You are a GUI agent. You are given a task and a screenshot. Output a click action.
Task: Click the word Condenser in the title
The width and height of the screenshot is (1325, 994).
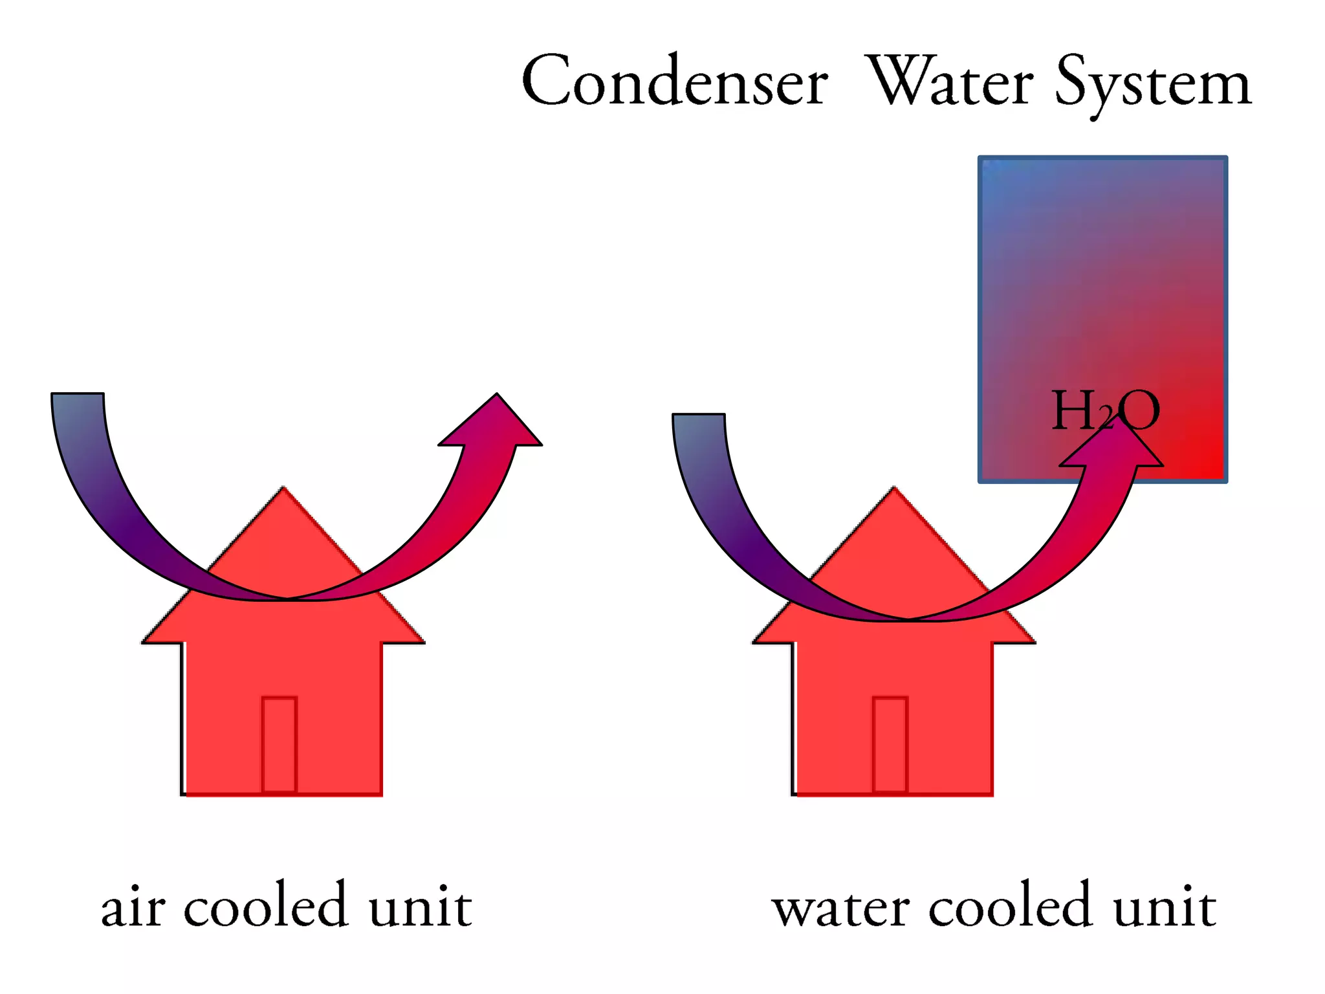[x=674, y=82]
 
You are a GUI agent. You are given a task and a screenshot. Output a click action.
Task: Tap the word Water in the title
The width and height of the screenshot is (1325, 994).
[x=949, y=82]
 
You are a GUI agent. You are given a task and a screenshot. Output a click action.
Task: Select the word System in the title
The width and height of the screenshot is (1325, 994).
[x=1153, y=84]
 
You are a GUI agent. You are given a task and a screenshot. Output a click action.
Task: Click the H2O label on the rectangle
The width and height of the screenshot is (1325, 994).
[x=1105, y=411]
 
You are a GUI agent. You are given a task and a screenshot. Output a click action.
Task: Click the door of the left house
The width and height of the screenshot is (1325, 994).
[x=279, y=744]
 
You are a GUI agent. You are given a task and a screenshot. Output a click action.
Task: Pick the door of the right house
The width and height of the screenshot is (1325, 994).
[x=890, y=744]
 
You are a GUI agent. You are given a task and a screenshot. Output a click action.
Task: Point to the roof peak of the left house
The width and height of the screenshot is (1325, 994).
[x=283, y=495]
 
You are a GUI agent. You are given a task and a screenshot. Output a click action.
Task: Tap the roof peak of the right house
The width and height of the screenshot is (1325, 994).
[x=894, y=495]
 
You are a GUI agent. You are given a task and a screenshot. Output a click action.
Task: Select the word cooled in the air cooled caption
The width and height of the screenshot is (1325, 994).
[x=266, y=906]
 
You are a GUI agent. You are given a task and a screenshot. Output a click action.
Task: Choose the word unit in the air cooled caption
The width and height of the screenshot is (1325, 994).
[x=420, y=906]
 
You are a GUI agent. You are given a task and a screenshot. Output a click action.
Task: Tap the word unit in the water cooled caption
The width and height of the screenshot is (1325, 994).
[x=1164, y=906]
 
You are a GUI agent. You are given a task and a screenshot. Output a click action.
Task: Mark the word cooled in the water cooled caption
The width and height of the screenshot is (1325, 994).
[x=1010, y=906]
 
